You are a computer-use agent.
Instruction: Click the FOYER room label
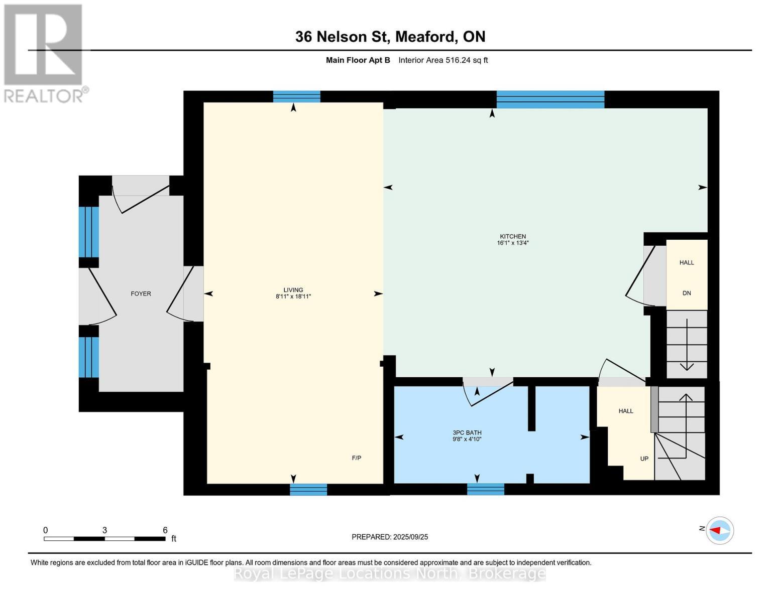tap(141, 293)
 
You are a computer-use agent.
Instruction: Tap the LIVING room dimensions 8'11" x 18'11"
tap(293, 296)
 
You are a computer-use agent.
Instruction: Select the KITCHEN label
tap(513, 236)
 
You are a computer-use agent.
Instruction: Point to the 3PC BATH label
tap(467, 433)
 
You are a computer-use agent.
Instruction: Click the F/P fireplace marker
tap(357, 458)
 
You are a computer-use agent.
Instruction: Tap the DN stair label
tap(687, 293)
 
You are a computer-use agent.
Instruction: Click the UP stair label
tap(644, 459)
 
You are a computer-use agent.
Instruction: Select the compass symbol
tap(720, 530)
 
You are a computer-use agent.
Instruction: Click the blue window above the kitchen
tap(550, 99)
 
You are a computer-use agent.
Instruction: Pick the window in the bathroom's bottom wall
tap(486, 489)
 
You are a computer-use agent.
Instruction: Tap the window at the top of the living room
tap(296, 97)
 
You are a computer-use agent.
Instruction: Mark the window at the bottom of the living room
tap(308, 490)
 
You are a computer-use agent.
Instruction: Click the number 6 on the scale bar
tap(165, 530)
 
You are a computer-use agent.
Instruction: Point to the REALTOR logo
tap(45, 54)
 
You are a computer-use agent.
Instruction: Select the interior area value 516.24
tap(458, 60)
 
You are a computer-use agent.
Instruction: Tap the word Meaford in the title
tap(426, 37)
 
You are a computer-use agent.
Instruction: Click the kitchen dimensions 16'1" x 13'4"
tap(513, 243)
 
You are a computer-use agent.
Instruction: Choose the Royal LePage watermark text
tap(390, 574)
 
